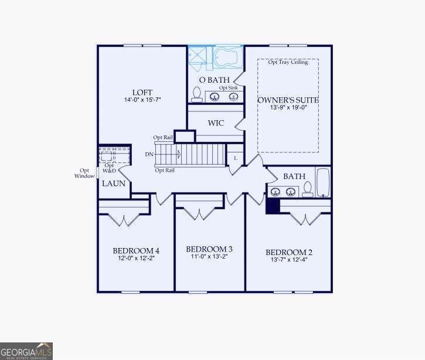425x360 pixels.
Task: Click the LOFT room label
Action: pos(142,92)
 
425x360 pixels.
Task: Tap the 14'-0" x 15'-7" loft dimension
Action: pos(142,100)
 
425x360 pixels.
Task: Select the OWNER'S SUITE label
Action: pos(288,100)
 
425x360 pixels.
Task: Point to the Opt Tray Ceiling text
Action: pos(288,63)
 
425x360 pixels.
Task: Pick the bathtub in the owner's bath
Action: pos(228,57)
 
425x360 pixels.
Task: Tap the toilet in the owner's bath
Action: pos(197,94)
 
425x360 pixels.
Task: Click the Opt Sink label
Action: pos(228,87)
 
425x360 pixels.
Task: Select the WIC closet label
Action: pos(216,123)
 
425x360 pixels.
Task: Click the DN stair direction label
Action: pos(149,154)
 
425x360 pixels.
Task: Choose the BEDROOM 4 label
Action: pos(136,251)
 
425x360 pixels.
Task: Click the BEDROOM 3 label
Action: pos(209,249)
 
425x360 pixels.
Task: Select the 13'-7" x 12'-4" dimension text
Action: pos(289,260)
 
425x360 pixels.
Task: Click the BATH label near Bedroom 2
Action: pos(293,176)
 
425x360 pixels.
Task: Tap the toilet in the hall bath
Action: pos(307,189)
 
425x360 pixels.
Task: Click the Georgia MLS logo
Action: pos(26,351)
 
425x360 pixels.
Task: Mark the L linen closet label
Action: pos(235,158)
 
